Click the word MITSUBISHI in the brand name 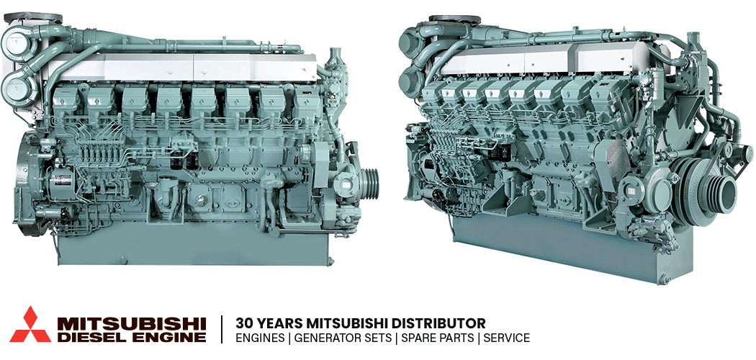(x=132, y=323)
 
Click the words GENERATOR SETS (x=343, y=338)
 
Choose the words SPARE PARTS (x=437, y=338)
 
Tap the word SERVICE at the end (x=506, y=338)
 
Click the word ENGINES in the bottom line (x=260, y=338)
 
